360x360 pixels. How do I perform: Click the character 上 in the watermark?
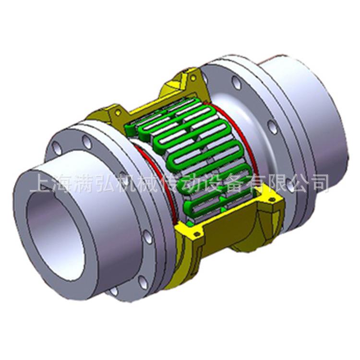click(x=39, y=183)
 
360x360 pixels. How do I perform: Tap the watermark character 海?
click(x=61, y=183)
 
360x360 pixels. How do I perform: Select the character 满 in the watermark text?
click(x=84, y=183)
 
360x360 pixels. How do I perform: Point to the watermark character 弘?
click(x=106, y=183)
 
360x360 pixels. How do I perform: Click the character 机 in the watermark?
click(x=128, y=183)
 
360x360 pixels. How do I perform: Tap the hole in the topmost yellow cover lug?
click(x=192, y=76)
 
